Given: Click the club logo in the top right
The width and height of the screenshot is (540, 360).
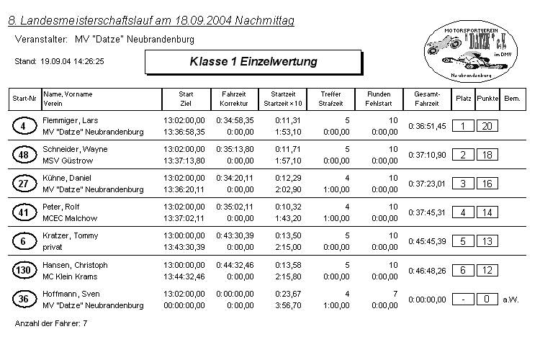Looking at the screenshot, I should coord(471,50).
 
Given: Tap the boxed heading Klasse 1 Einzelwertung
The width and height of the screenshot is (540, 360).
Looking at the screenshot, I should coord(253,62).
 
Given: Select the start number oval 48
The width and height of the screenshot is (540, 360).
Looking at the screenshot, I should coord(24,155).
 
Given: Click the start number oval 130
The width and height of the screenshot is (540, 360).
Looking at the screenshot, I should coord(24,270).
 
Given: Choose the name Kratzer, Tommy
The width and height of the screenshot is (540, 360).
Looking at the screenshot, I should coord(71,235).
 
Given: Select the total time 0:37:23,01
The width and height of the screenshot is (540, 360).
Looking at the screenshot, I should coord(427,184).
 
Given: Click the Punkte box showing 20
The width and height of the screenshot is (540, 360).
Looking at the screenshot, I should coord(487,126).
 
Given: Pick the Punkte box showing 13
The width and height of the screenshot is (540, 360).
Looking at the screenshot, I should coord(487,241).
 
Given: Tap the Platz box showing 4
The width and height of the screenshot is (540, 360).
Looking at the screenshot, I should coord(463,212).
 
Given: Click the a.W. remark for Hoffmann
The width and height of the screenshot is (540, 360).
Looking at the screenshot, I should coord(510,299).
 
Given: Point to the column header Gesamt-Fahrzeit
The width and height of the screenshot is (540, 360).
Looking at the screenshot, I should coord(426,99).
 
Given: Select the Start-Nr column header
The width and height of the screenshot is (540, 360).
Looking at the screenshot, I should coord(24,98).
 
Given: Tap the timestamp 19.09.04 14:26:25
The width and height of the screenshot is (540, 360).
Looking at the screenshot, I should coord(72,62).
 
